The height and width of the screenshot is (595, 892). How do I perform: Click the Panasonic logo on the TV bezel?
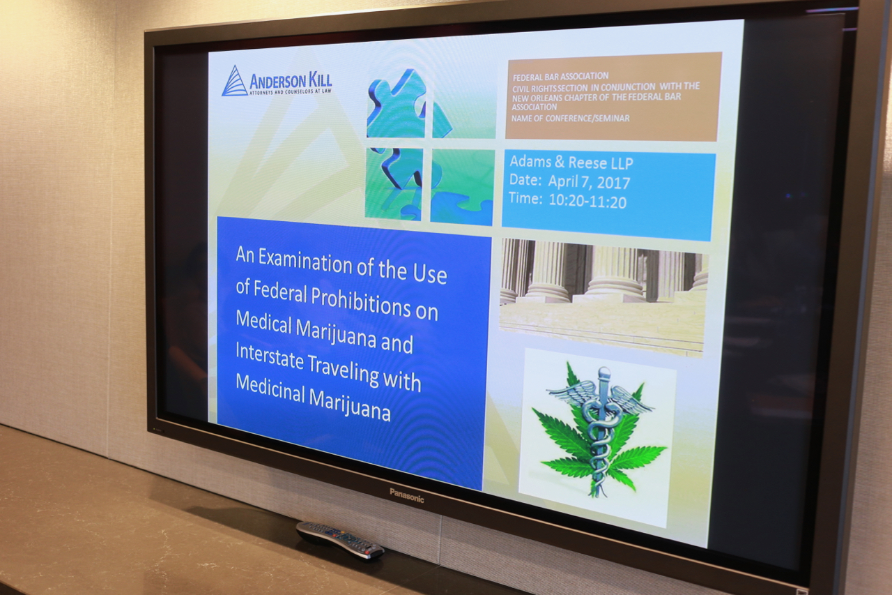pos(406,495)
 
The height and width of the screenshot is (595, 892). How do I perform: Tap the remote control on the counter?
pos(339,539)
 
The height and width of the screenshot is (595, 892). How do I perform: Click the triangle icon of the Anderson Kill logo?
pos(234,81)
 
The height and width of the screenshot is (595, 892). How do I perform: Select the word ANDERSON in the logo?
pos(277,82)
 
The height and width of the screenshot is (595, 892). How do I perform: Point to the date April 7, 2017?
pos(589,182)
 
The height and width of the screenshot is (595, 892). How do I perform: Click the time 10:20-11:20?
pos(587,201)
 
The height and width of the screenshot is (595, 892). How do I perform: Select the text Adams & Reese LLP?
pos(571,162)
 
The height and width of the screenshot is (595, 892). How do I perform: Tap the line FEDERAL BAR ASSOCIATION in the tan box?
pos(560,76)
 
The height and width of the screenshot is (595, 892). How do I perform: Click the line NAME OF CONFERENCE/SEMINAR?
pos(570,119)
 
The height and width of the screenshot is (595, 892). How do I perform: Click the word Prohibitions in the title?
pos(360,301)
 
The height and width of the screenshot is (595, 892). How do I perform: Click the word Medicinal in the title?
pos(270,389)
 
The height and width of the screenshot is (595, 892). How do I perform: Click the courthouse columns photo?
pos(603,296)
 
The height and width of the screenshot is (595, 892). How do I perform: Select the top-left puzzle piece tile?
pos(395,104)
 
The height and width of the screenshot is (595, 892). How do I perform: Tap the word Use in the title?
pos(431,275)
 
